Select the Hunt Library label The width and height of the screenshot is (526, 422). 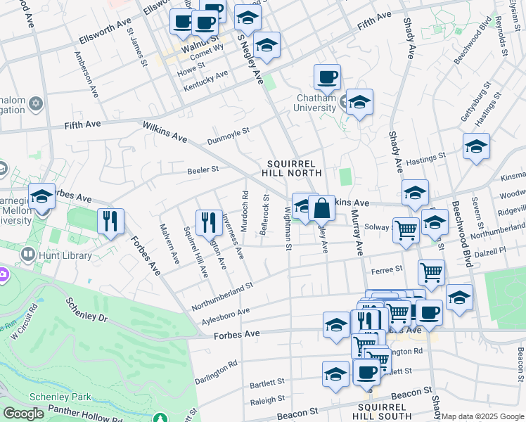(67, 255)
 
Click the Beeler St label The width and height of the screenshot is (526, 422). (203, 170)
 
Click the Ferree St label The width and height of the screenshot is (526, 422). (387, 269)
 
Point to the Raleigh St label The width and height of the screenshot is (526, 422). (267, 398)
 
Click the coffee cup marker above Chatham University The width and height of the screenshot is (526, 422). (327, 77)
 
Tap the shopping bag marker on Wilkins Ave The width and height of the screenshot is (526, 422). (321, 208)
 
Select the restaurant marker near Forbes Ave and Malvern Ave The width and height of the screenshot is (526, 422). (110, 222)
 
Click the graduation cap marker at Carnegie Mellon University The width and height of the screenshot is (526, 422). (41, 196)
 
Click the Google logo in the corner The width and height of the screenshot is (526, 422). (23, 414)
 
